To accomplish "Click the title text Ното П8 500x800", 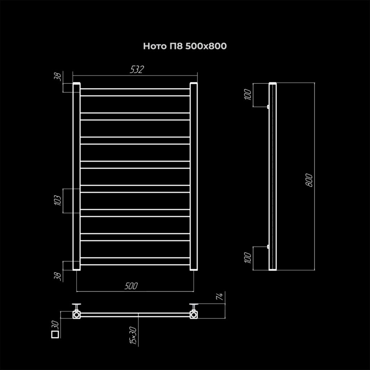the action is (185, 46).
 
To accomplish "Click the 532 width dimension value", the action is (137, 69).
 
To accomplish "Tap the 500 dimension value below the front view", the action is (131, 286).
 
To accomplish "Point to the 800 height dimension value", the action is (309, 180).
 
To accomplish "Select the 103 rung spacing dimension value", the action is (57, 200).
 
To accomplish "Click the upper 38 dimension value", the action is (58, 77).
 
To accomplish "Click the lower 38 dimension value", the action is (58, 276).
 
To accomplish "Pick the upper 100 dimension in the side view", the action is (248, 95).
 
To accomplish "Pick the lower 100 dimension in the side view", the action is (248, 258).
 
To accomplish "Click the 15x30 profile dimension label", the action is (133, 335).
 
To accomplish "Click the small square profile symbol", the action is (55, 334).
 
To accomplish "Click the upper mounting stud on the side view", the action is (268, 107).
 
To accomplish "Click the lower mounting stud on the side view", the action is (268, 246).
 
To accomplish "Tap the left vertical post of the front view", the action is (77, 176).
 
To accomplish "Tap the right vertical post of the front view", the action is (194, 176).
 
